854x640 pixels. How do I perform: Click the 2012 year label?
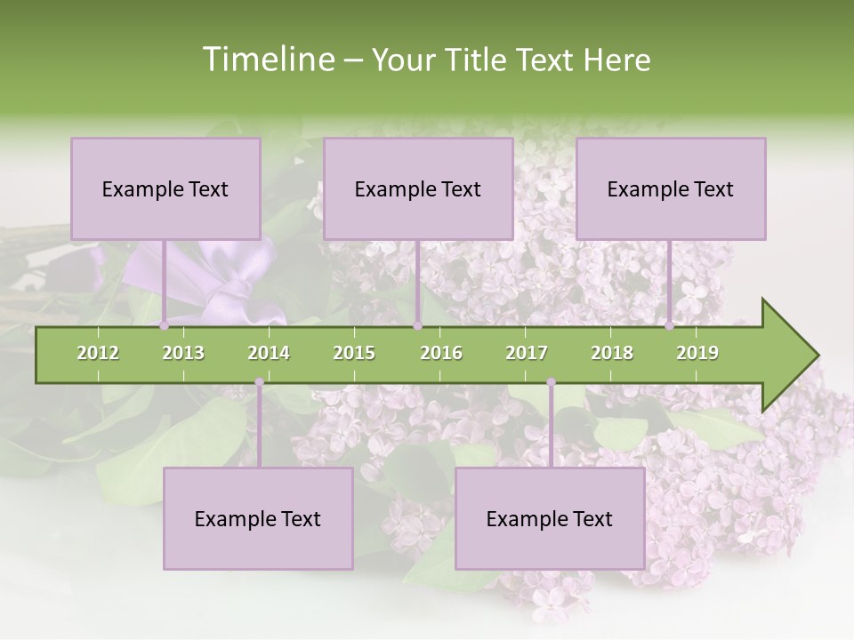click(x=98, y=353)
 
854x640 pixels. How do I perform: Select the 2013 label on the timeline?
click(x=183, y=353)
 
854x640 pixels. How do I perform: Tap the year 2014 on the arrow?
click(x=269, y=353)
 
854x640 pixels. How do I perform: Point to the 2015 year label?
click(x=354, y=353)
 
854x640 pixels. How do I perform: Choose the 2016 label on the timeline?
click(x=441, y=353)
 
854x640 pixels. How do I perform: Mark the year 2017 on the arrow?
click(x=527, y=353)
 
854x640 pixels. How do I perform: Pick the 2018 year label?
click(x=612, y=353)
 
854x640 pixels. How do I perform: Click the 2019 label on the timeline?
click(x=697, y=353)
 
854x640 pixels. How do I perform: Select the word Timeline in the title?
click(x=266, y=60)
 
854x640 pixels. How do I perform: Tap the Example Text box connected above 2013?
click(x=165, y=188)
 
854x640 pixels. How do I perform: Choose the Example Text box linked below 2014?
click(x=258, y=518)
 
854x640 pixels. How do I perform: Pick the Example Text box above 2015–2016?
click(x=418, y=188)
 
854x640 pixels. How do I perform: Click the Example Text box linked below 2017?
click(x=550, y=518)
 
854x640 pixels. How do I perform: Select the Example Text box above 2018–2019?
click(x=671, y=188)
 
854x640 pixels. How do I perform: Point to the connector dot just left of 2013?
click(x=164, y=326)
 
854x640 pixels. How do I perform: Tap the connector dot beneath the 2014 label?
click(x=259, y=382)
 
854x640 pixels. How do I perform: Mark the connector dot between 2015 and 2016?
click(x=417, y=326)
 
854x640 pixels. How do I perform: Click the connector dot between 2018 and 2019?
click(x=670, y=326)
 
